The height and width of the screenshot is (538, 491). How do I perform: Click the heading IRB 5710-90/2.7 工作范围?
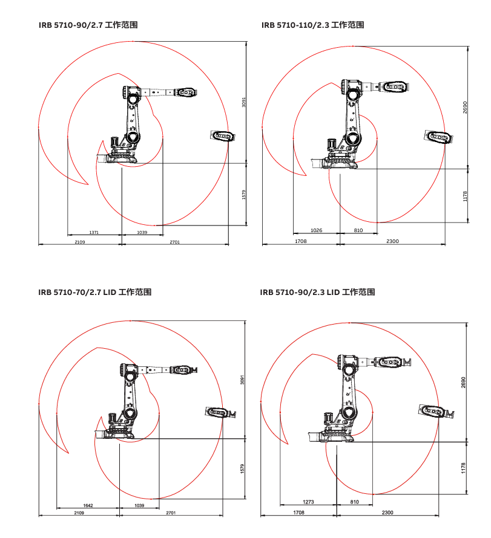point(91,25)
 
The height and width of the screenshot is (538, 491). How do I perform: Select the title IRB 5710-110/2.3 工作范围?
point(312,25)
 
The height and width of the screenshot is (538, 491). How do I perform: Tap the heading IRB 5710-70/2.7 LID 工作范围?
point(94,292)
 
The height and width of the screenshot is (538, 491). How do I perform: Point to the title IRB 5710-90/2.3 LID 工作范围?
point(317,292)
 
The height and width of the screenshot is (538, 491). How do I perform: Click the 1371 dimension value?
point(94,232)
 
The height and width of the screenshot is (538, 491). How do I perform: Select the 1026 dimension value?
point(316,230)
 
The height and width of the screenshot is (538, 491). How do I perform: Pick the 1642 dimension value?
point(88,505)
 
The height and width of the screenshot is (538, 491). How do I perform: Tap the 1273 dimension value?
point(308,502)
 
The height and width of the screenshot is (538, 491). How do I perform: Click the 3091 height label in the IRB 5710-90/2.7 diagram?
point(243,103)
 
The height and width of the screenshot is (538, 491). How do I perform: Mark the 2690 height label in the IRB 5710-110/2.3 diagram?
point(465,108)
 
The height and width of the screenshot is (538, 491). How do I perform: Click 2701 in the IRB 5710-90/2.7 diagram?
point(175,242)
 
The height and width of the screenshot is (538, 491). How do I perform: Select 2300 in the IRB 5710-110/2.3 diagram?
point(392,241)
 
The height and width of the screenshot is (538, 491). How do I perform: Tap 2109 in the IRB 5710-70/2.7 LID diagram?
point(79,513)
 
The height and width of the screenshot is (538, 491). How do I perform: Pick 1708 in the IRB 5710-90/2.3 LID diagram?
point(298,513)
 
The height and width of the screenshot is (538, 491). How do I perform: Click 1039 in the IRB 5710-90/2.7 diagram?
point(142,232)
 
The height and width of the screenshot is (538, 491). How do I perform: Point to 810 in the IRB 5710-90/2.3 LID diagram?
point(355,502)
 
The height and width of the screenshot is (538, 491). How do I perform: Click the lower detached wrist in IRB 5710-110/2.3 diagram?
point(437,137)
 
